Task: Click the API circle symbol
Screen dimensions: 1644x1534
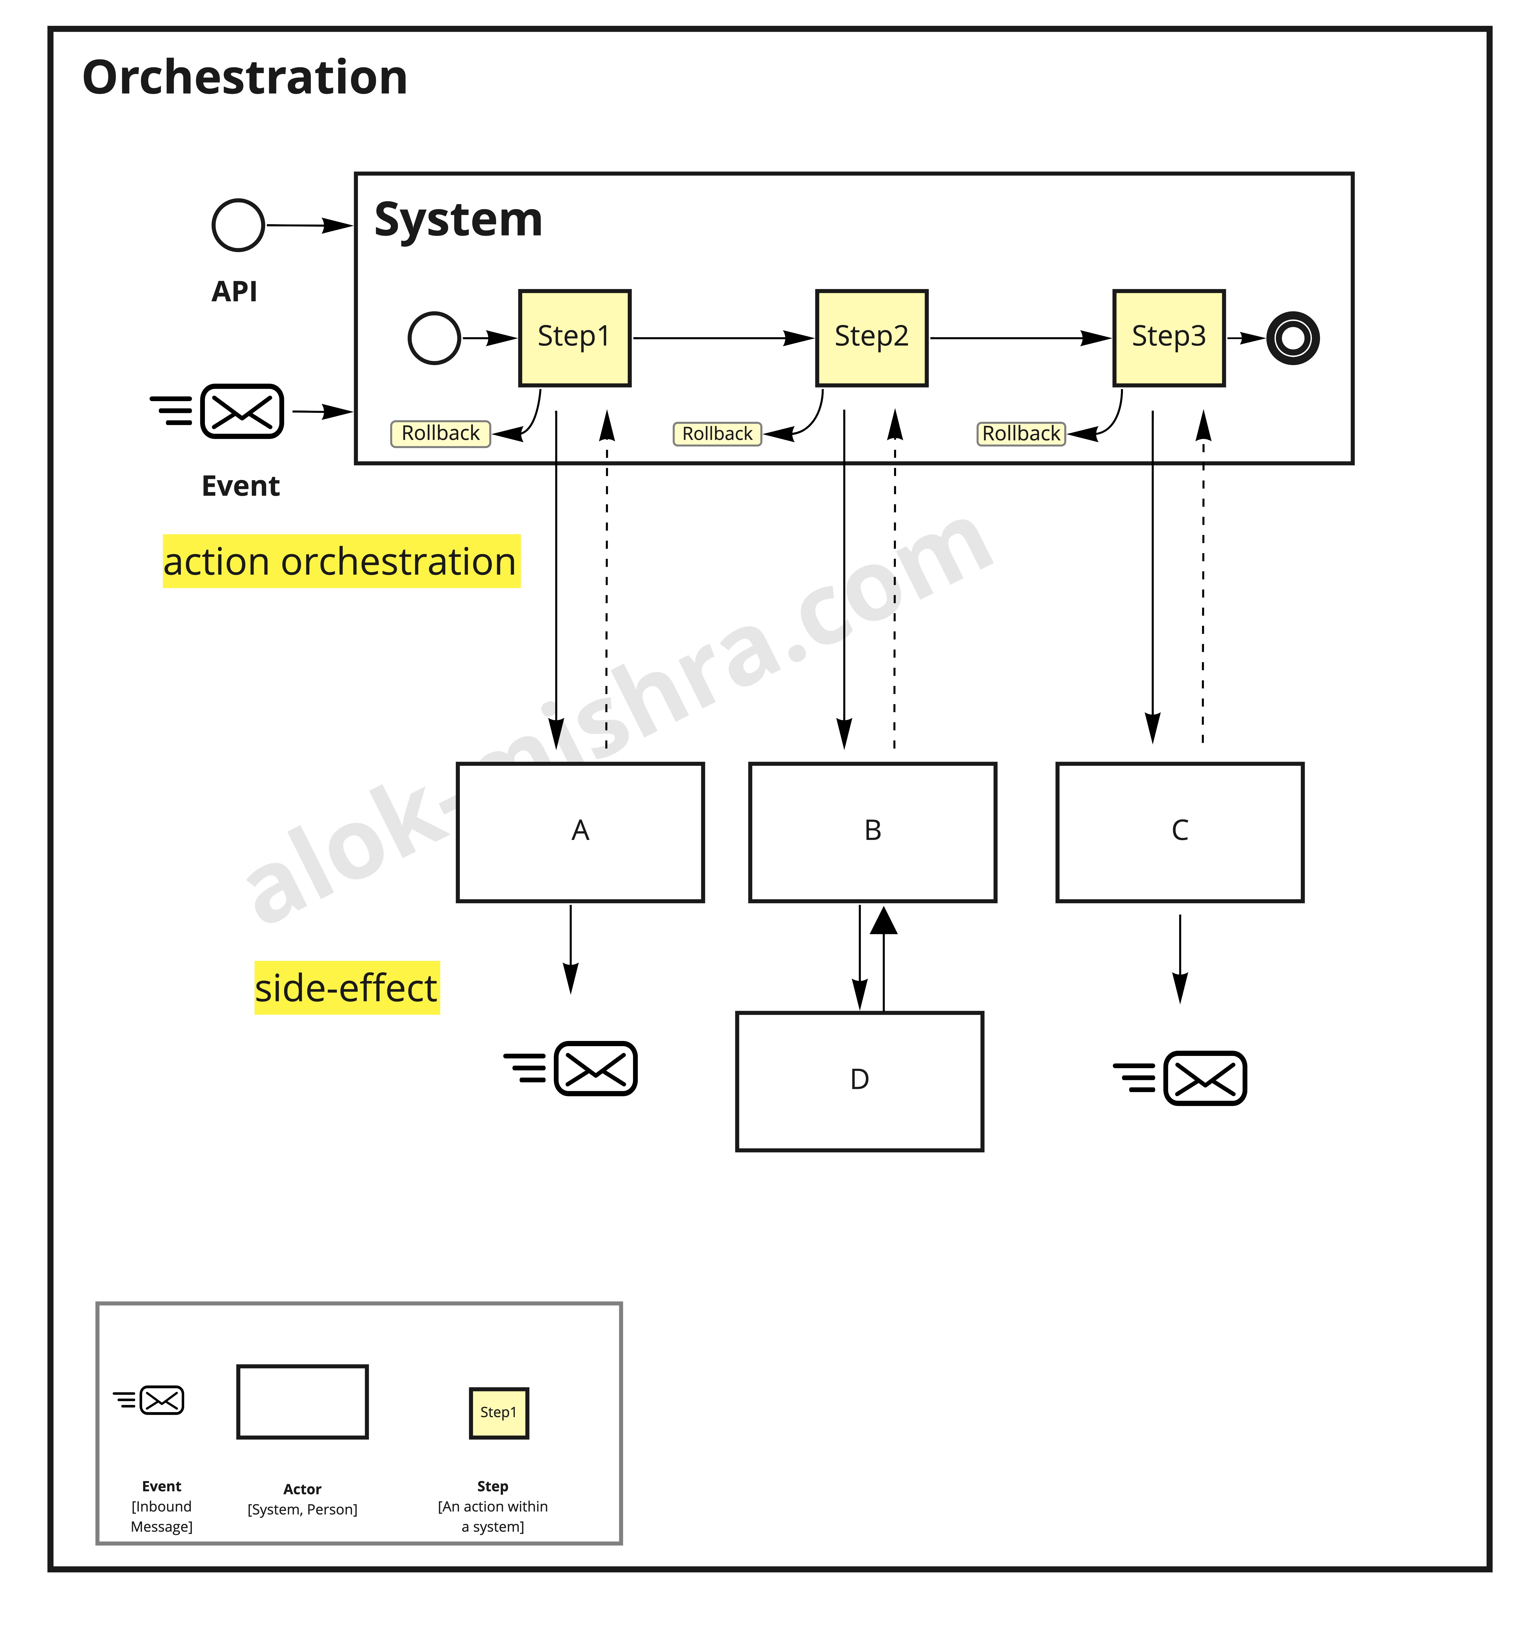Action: [x=238, y=225]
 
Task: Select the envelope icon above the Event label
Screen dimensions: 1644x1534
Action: [x=241, y=411]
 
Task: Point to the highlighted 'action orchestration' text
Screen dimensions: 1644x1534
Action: [x=341, y=562]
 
